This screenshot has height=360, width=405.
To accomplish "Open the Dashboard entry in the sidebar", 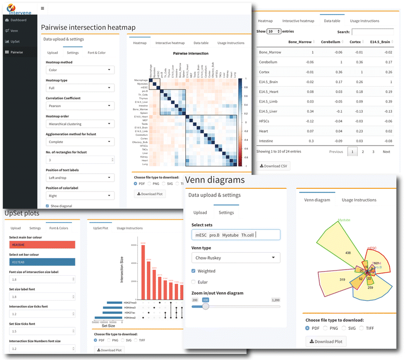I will click(x=18, y=20).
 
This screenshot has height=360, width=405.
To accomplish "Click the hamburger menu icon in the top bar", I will click(x=42, y=9).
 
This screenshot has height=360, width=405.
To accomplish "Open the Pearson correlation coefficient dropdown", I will click(x=80, y=106).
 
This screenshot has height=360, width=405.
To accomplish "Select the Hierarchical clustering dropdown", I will click(x=80, y=124).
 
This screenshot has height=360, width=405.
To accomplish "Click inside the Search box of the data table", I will click(x=372, y=32).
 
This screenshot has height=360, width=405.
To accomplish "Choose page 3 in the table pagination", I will click(x=373, y=151).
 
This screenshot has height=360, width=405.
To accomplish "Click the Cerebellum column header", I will click(x=331, y=41).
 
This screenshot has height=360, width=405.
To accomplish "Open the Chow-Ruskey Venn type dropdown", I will click(x=235, y=258).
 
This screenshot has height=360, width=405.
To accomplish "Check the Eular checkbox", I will click(x=194, y=282).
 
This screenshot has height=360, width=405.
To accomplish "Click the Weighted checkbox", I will click(x=194, y=271).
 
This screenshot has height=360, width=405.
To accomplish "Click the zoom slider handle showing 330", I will click(x=205, y=306).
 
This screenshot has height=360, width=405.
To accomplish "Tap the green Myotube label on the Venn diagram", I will click(x=344, y=220).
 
